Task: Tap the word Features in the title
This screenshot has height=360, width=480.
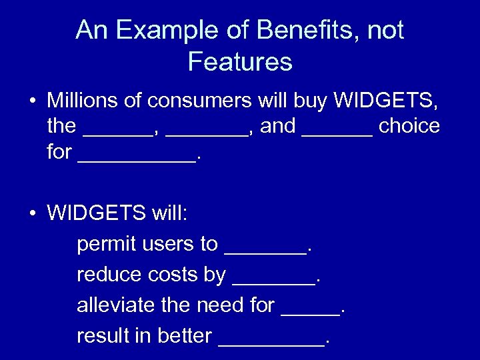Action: click(240, 61)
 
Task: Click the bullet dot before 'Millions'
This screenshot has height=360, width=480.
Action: click(32, 102)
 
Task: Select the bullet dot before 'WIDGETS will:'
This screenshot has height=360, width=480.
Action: click(32, 214)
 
